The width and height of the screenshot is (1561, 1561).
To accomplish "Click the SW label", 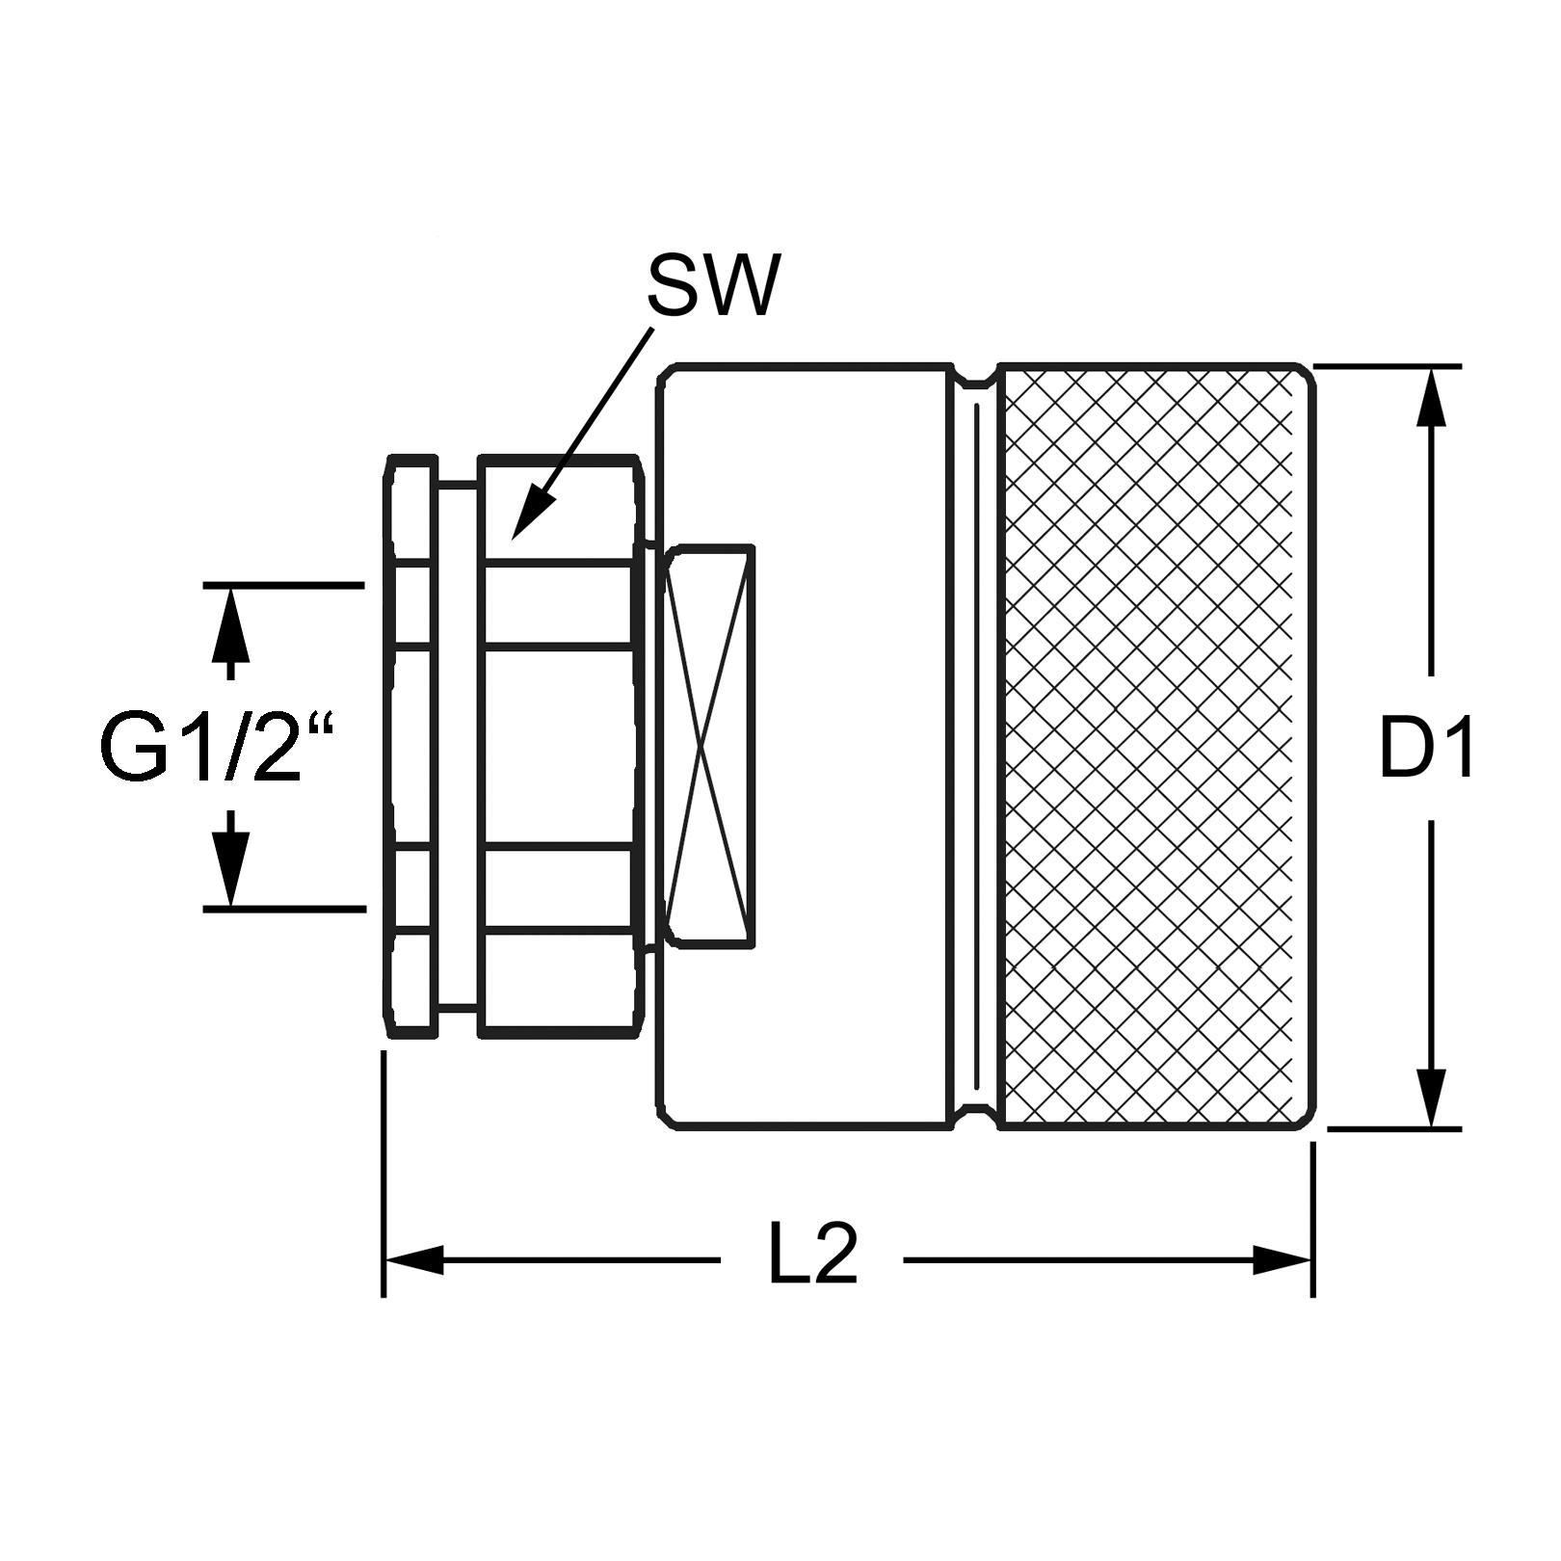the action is point(712,285).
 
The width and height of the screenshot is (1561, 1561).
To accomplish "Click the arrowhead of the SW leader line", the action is point(527,516).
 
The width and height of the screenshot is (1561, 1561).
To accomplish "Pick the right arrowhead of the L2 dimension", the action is point(1283,1259).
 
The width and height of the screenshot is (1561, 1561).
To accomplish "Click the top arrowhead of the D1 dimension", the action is point(1433,396).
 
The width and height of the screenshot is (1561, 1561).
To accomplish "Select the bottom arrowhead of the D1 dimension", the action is point(1433,1098).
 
